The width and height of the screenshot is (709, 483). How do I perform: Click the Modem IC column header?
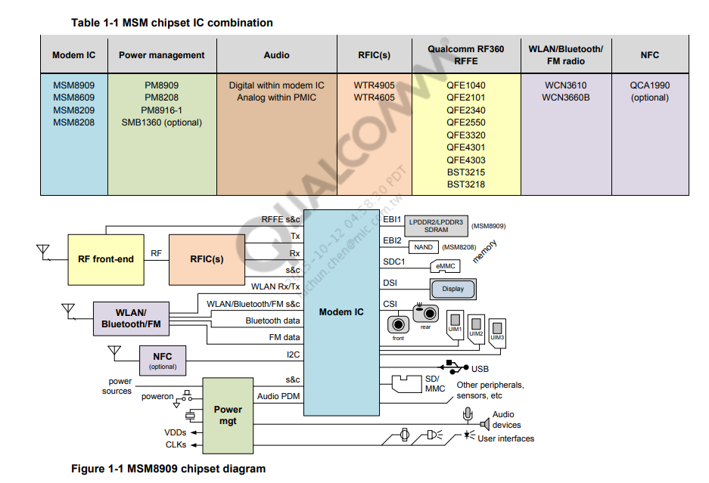[73, 55]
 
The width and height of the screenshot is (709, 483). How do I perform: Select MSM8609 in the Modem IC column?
[73, 98]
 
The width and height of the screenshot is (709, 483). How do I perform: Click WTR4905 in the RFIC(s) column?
[374, 85]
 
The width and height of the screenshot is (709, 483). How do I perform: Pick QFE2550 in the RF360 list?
[465, 122]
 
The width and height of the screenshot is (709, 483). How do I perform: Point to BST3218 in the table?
[465, 184]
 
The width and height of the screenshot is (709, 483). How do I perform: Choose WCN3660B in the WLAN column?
[565, 98]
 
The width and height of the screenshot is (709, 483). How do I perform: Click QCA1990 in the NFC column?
[649, 85]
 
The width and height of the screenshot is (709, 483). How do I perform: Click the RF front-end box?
[105, 259]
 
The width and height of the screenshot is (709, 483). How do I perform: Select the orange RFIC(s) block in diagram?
[207, 259]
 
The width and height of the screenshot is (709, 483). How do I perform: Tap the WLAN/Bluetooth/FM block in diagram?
[131, 318]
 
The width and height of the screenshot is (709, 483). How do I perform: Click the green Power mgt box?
[228, 415]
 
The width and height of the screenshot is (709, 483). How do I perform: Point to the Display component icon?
[453, 289]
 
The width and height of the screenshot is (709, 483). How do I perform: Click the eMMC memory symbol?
[444, 266]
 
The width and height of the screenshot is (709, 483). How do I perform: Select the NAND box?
[424, 247]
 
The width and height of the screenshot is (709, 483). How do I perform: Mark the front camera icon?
[398, 325]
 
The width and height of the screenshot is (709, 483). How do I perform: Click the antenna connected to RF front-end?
[42, 250]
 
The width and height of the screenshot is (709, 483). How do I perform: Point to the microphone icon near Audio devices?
[468, 415]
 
